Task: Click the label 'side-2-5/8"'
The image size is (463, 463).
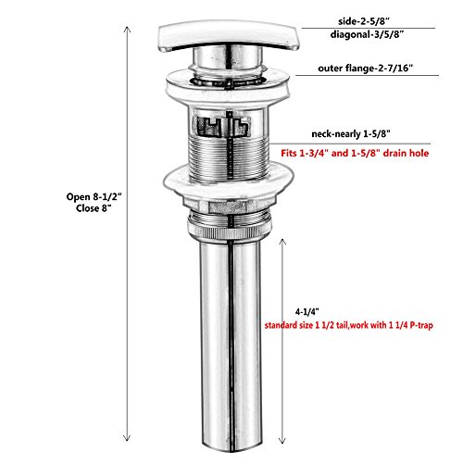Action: (x=364, y=21)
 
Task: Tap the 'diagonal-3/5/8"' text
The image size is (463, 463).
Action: (x=367, y=34)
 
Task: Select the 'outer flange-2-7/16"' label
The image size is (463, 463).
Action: (x=366, y=68)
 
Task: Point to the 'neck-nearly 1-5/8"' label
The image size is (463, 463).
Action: (x=351, y=134)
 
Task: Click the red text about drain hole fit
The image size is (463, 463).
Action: (x=355, y=153)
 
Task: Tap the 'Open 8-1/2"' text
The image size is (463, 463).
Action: (x=94, y=196)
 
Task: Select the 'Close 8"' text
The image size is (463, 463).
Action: (x=94, y=208)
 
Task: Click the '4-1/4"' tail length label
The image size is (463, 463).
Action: (x=307, y=312)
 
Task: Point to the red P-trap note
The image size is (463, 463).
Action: (x=349, y=325)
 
